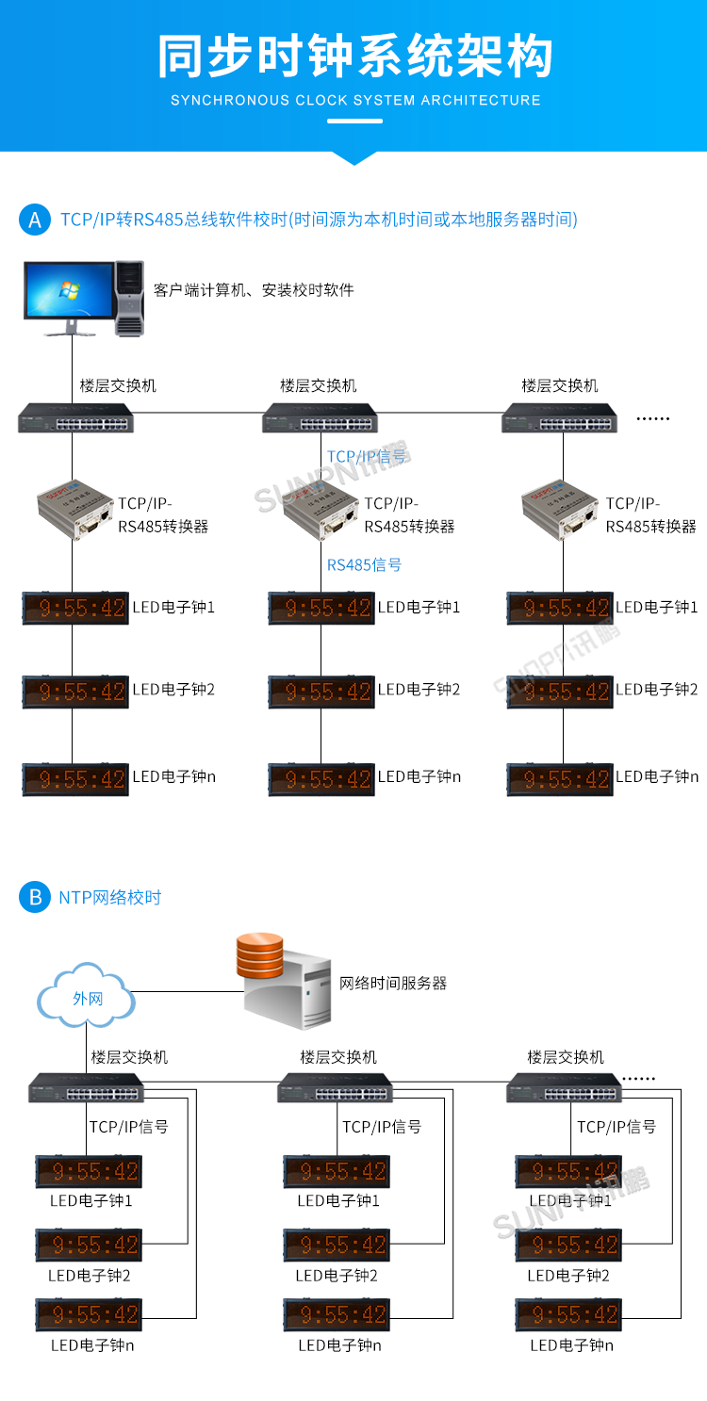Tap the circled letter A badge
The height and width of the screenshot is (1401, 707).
tap(35, 220)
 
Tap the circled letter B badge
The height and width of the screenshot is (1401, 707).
tap(35, 897)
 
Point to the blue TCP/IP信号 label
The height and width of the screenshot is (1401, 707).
tap(367, 457)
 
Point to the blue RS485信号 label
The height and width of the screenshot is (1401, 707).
tap(364, 565)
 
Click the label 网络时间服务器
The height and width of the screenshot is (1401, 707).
tap(392, 983)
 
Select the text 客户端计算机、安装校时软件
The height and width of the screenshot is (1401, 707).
tap(254, 290)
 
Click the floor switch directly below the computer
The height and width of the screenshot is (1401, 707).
tap(75, 417)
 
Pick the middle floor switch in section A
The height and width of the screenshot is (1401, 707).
tap(320, 417)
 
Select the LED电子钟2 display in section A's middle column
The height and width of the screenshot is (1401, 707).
tap(320, 692)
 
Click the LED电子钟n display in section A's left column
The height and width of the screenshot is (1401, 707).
tap(75, 779)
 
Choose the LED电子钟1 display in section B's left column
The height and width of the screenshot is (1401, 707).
tap(88, 1171)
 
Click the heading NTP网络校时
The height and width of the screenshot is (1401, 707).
tap(110, 897)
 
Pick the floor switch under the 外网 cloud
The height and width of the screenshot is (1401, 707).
tap(87, 1088)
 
